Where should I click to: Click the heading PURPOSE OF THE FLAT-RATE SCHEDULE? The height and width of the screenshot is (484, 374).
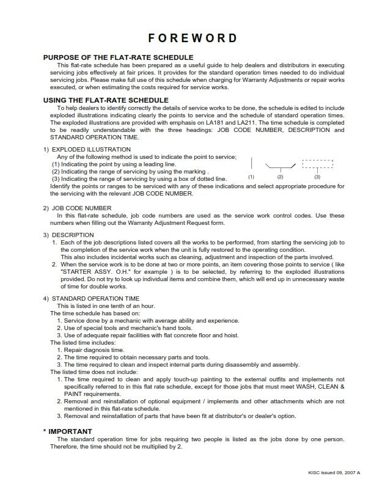pos(105,57)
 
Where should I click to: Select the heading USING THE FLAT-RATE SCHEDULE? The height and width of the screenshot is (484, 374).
pos(105,100)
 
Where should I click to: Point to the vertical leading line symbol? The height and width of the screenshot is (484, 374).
pos(252,163)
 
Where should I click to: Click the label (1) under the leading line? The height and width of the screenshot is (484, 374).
pos(251,177)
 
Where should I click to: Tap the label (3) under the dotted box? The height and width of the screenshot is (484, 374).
pos(317,177)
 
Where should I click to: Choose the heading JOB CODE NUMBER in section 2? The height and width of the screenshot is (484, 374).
pos(81,208)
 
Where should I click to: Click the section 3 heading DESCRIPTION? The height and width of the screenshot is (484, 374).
pos(73,235)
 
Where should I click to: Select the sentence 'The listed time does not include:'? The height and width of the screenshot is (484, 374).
pos(94,372)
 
